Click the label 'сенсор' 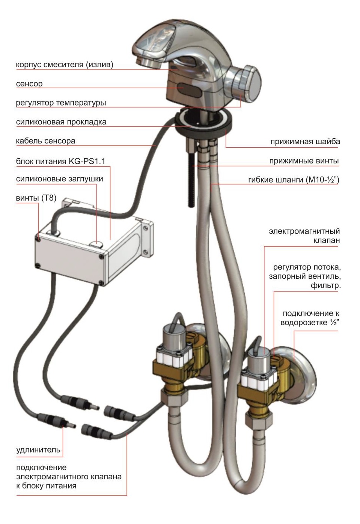pos(29,84)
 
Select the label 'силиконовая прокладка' pos(61,122)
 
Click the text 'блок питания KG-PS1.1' pos(60,161)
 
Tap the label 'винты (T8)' pos(36,198)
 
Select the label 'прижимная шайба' pos(305,142)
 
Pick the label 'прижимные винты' pos(304,161)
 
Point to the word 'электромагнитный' pos(304,231)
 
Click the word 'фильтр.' pos(325,285)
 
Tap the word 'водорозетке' pos(303,323)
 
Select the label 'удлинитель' pos(38,450)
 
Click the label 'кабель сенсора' pos(45,141)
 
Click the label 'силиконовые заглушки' pos(60,179)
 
